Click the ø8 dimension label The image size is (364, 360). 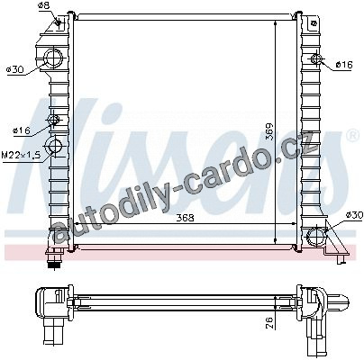click(44, 5)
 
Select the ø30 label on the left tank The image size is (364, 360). click(14, 70)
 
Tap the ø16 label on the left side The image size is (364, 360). click(22, 130)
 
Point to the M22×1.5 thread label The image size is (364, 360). click(21, 155)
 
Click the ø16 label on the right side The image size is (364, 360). click(344, 65)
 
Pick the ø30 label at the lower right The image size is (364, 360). click(354, 215)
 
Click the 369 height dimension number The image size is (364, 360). click(269, 131)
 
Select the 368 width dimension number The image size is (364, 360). click(185, 218)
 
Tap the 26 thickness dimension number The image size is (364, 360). click(269, 323)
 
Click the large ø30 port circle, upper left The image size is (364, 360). click(54, 58)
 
